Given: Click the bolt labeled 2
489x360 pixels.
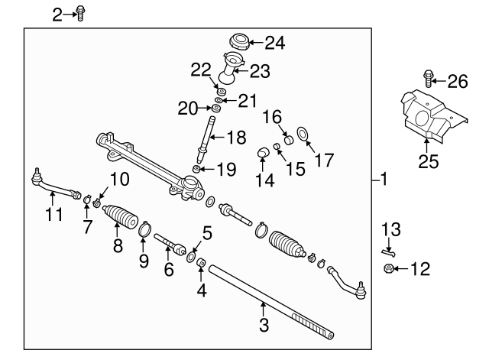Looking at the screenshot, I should [x=81, y=13].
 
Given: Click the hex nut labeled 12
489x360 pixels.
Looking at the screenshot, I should [x=387, y=268].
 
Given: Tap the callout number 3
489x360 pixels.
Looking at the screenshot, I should [x=264, y=326].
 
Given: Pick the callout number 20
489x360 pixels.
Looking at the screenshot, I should [x=188, y=109].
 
